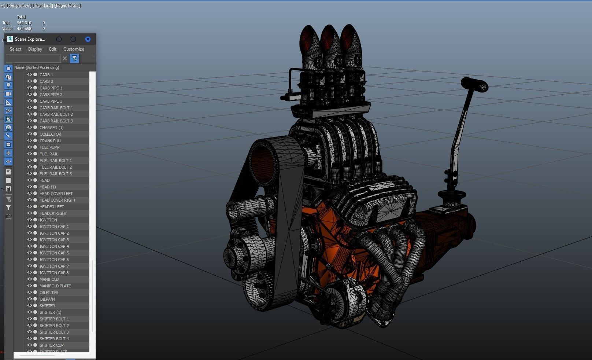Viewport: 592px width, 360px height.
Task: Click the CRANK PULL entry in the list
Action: click(51, 141)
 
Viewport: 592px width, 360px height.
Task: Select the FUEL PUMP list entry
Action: click(49, 147)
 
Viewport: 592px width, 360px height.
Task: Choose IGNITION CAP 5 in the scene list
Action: click(54, 253)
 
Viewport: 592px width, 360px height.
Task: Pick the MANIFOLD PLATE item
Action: click(55, 286)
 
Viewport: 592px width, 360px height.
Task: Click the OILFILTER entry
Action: click(49, 293)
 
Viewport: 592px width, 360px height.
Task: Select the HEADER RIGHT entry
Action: click(53, 213)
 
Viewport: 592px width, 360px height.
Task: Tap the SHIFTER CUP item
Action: click(51, 345)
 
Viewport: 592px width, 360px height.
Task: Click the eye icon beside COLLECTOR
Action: click(30, 134)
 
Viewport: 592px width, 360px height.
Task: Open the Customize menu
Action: click(73, 49)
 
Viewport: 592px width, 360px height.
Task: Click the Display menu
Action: click(35, 49)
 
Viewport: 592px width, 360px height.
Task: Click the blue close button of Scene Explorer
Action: click(88, 39)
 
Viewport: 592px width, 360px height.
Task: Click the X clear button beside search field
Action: click(65, 58)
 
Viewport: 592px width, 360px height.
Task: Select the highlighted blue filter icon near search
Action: click(74, 58)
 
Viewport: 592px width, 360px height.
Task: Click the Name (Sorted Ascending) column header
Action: click(37, 67)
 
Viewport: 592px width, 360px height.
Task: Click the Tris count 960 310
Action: click(24, 23)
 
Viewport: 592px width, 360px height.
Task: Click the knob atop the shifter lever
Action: click(475, 85)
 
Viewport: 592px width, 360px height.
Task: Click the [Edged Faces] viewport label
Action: click(67, 5)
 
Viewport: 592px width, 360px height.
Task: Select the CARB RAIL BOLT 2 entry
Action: click(56, 114)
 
